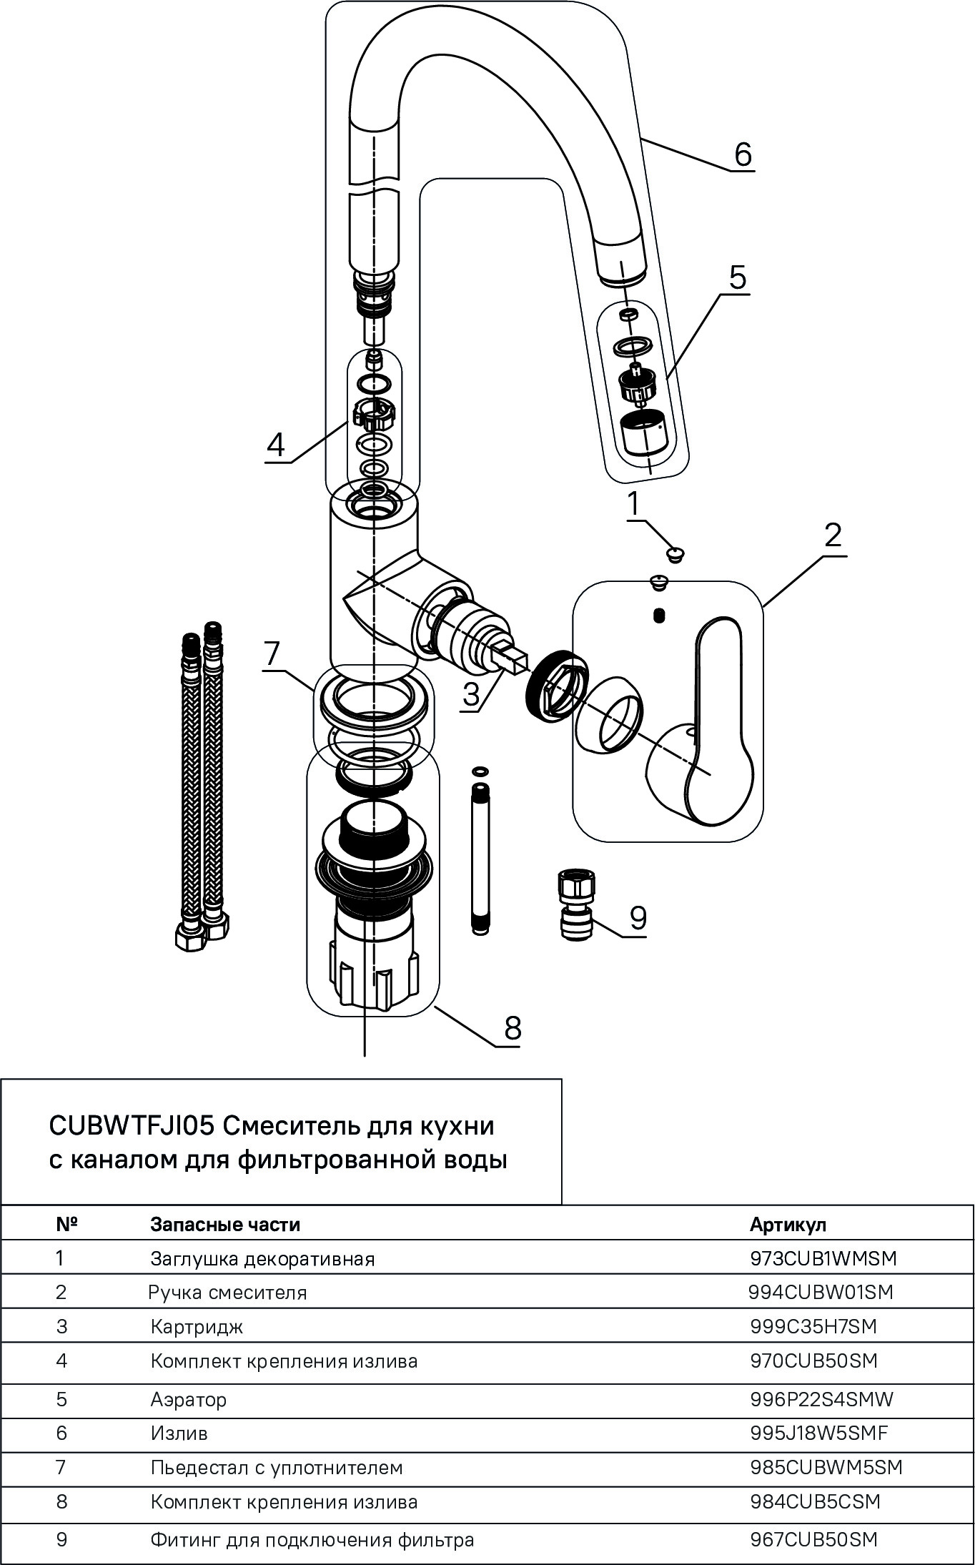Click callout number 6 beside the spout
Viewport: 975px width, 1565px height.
pyautogui.click(x=743, y=153)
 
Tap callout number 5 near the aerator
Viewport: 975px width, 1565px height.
pyautogui.click(x=737, y=276)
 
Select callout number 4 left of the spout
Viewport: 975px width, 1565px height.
pyautogui.click(x=275, y=445)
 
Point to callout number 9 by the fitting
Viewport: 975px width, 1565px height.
pyautogui.click(x=638, y=917)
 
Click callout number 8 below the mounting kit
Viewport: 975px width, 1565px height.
pyautogui.click(x=513, y=1028)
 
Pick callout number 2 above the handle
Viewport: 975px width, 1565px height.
pyautogui.click(x=833, y=535)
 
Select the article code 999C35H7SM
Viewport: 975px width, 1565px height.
pyautogui.click(x=813, y=1326)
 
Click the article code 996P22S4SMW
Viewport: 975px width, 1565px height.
pyautogui.click(x=821, y=1398)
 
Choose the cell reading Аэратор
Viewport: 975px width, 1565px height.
pyautogui.click(x=189, y=1399)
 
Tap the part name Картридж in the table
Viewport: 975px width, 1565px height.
pyautogui.click(x=197, y=1327)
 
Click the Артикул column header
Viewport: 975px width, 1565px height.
pyautogui.click(x=788, y=1224)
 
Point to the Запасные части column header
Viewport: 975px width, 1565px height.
pyautogui.click(x=224, y=1224)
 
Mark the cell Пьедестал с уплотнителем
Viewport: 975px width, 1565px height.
pyautogui.click(x=277, y=1467)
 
